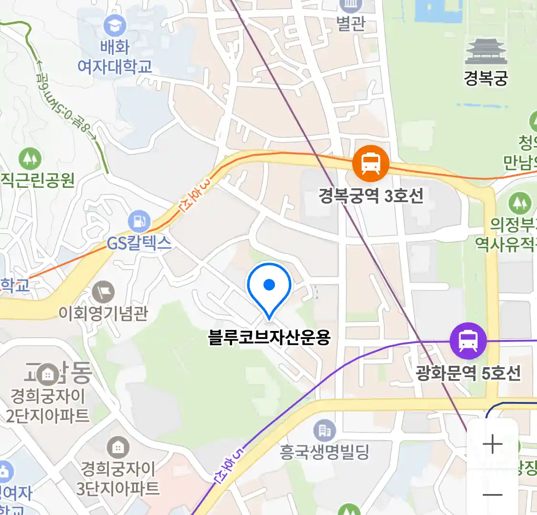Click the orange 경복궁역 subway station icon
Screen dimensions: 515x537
point(370,164)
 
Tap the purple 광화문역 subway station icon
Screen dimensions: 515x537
point(468,341)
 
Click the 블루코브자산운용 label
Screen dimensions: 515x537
point(269,338)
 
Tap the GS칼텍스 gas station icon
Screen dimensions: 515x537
point(139,221)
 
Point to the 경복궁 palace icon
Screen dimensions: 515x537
point(486,51)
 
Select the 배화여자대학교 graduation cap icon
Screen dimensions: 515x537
point(115,26)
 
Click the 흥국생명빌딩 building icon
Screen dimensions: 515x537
point(325,431)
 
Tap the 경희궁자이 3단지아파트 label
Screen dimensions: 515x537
point(118,478)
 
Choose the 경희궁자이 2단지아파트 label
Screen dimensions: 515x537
point(48,406)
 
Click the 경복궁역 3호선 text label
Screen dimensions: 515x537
point(371,196)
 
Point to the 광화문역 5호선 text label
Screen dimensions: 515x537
point(468,373)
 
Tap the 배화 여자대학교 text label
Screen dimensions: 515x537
point(115,57)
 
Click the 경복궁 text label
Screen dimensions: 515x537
point(485,78)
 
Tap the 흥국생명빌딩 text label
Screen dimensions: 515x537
point(325,451)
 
